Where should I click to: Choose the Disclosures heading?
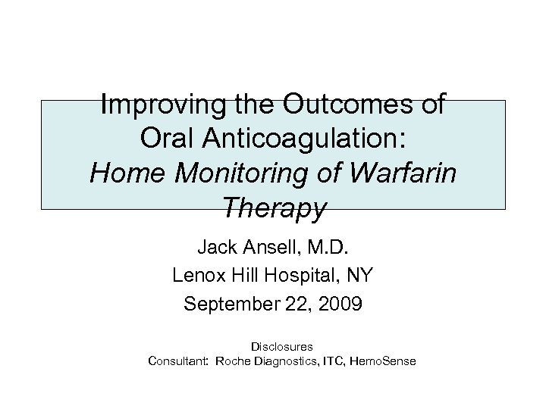coord(280,346)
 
